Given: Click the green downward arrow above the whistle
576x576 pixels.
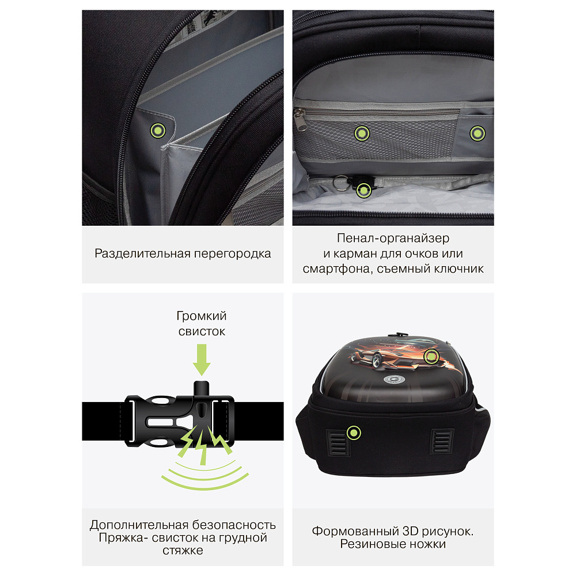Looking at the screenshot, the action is (x=202, y=359).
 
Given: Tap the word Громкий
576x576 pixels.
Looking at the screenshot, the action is (x=202, y=316).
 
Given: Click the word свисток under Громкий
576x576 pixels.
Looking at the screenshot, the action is (x=202, y=331).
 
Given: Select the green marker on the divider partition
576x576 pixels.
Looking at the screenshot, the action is (x=158, y=130).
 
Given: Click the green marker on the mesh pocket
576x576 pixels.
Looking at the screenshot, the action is (x=362, y=134).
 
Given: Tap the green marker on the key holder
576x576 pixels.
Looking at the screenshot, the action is (x=363, y=190).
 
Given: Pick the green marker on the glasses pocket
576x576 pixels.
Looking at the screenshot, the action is (x=478, y=134).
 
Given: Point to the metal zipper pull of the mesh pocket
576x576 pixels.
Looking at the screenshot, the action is (x=300, y=119).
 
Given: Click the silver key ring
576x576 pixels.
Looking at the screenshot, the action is (x=340, y=183).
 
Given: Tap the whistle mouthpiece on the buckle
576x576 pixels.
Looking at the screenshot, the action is (x=201, y=389).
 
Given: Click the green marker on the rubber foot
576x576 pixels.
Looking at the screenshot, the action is (x=354, y=433).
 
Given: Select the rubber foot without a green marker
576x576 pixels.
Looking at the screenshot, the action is (x=442, y=441).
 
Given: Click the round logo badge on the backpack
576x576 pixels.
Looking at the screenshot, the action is (x=394, y=380).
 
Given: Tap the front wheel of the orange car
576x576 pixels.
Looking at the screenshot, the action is (x=376, y=359).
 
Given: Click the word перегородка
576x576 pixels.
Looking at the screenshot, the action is (x=233, y=254).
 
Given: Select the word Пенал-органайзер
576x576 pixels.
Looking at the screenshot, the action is (x=393, y=238).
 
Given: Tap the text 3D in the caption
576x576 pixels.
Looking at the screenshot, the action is (x=411, y=531).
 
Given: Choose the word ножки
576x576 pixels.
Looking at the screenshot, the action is (x=428, y=544).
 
